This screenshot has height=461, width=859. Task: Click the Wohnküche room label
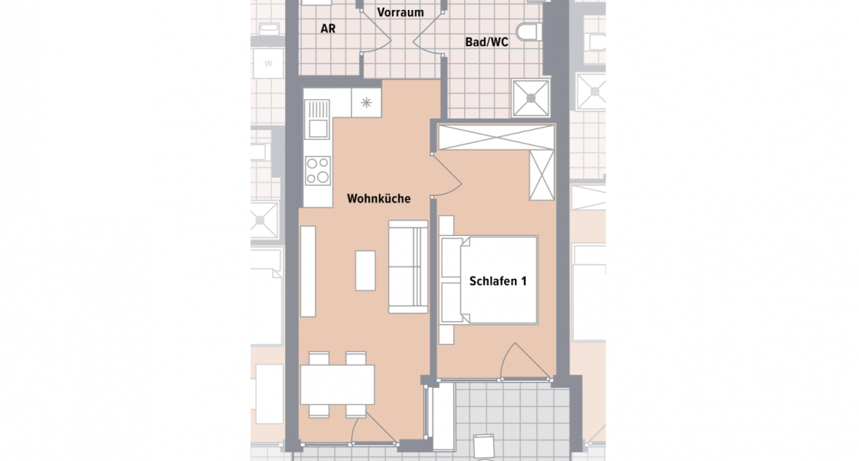(379, 199)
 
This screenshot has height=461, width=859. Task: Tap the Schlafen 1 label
(498, 281)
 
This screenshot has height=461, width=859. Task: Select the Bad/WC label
(486, 43)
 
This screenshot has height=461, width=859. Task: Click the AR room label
(328, 28)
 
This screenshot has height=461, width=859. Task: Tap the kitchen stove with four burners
(317, 170)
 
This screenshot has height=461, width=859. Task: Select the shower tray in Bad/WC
(531, 98)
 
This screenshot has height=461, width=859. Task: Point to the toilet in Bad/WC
(529, 32)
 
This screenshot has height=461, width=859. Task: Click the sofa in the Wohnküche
(407, 267)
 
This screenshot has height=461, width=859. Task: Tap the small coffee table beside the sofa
(366, 270)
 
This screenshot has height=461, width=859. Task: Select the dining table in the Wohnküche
(337, 384)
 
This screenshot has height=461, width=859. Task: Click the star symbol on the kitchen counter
(366, 102)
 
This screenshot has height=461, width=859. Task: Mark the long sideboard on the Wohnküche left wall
(307, 271)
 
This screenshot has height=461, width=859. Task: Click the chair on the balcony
(484, 447)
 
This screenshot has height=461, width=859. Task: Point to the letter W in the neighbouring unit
(268, 63)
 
